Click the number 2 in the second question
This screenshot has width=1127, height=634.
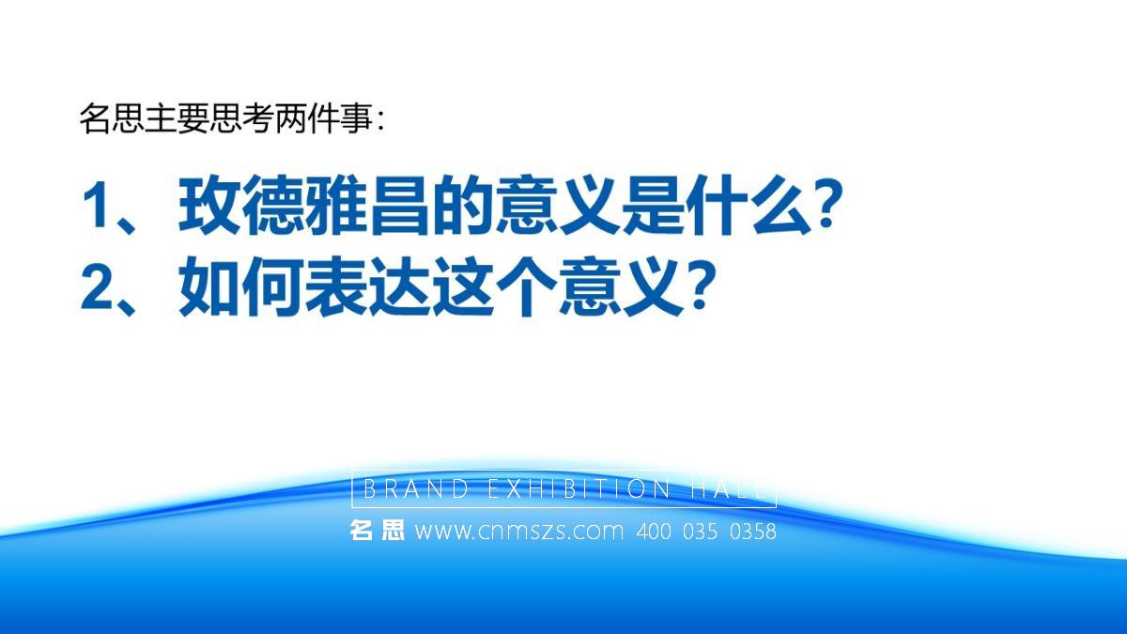pyautogui.click(x=97, y=286)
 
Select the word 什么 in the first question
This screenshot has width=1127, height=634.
pyautogui.click(x=750, y=206)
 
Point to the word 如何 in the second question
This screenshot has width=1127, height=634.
pyautogui.click(x=241, y=286)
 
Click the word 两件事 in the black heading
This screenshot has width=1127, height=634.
pyautogui.click(x=324, y=118)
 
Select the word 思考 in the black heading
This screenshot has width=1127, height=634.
pyautogui.click(x=241, y=118)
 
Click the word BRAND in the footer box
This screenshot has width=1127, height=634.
pyautogui.click(x=415, y=488)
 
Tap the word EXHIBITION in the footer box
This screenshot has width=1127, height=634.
pyautogui.click(x=579, y=488)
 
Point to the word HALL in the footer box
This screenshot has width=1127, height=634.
pyautogui.click(x=729, y=488)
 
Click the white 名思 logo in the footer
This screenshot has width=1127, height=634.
pyautogui.click(x=377, y=531)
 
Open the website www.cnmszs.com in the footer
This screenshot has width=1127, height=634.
pyautogui.click(x=519, y=532)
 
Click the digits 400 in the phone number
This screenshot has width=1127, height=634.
pyautogui.click(x=654, y=532)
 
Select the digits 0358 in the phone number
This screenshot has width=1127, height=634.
pyautogui.click(x=752, y=532)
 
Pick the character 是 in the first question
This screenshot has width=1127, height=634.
pyautogui.click(x=653, y=206)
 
